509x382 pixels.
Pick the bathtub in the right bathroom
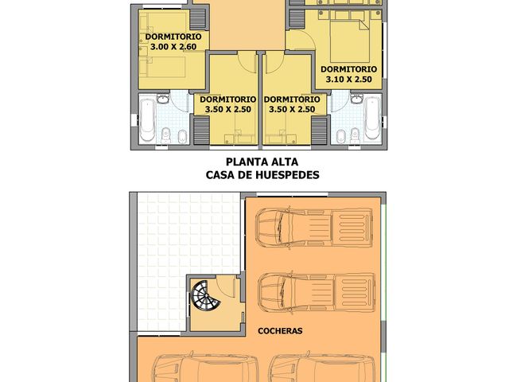371,121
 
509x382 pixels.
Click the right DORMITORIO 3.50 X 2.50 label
294,104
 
